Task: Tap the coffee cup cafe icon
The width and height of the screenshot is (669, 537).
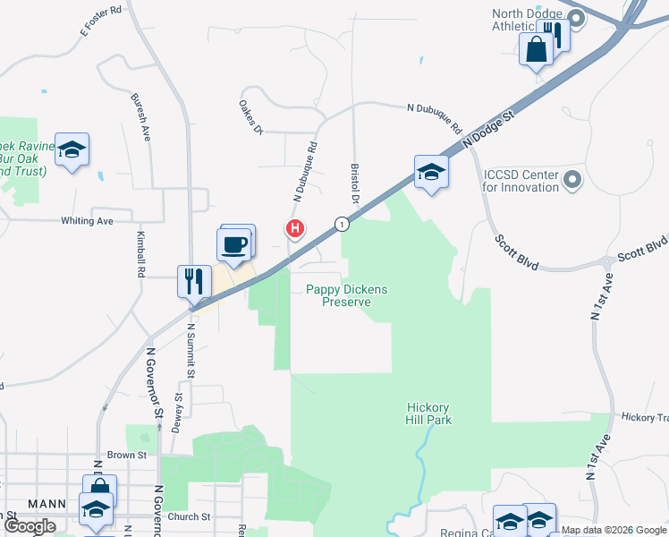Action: tap(234, 244)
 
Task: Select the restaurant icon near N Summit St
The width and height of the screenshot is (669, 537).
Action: tap(194, 282)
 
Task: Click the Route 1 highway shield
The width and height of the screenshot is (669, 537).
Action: tap(341, 223)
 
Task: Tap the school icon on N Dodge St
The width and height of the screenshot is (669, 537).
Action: tap(431, 172)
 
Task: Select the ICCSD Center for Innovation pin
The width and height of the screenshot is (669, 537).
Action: tap(573, 181)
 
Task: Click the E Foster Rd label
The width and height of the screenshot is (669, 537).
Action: tap(100, 19)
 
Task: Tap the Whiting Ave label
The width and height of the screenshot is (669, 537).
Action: tap(87, 221)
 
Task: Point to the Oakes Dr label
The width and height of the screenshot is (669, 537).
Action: tap(250, 117)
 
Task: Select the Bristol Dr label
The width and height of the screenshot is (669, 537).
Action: tap(355, 183)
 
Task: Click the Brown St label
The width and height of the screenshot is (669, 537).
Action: tap(126, 456)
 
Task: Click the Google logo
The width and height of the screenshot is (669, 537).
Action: tap(30, 526)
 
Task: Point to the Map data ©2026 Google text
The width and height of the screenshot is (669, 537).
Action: tap(614, 530)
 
